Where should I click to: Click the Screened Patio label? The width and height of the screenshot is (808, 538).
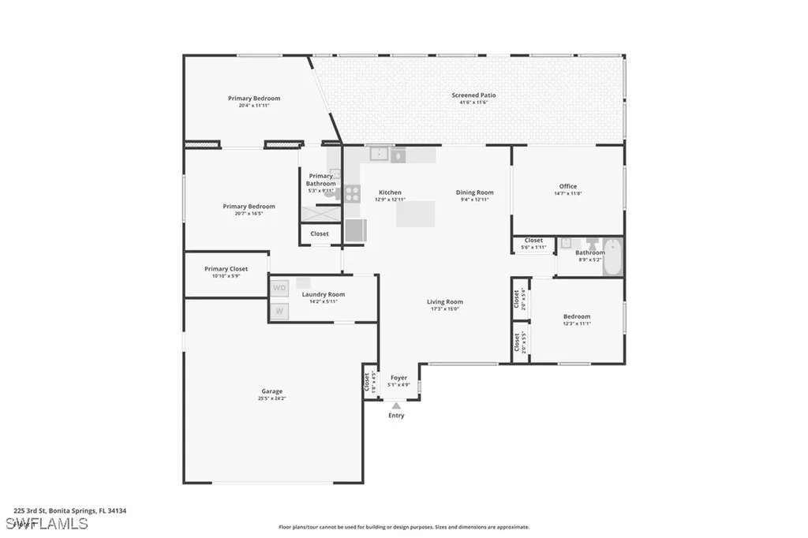[x=474, y=95]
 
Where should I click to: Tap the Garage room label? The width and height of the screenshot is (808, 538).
[x=272, y=391]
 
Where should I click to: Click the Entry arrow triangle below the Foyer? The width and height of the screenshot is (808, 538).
[x=396, y=405]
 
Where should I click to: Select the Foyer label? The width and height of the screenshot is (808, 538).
[x=398, y=378]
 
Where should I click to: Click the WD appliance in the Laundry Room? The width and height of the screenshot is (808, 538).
[x=279, y=288]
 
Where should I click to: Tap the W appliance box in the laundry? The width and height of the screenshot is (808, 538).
[x=279, y=312]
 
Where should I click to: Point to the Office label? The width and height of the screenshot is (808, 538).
[x=568, y=187]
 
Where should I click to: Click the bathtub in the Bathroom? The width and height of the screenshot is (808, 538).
[x=613, y=257]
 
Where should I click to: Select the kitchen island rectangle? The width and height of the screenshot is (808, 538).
[x=416, y=214]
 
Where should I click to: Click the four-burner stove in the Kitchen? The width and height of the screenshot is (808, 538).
[x=352, y=193]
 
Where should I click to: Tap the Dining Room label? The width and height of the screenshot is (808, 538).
[x=474, y=192]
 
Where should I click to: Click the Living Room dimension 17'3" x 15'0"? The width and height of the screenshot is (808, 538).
[x=445, y=309]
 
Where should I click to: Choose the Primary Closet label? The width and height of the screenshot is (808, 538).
[x=226, y=269]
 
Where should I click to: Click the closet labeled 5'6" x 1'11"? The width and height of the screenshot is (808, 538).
[x=533, y=244]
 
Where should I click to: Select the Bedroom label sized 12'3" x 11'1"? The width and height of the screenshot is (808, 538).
[x=577, y=316]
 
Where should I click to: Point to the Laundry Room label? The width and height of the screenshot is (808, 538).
[x=319, y=294]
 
